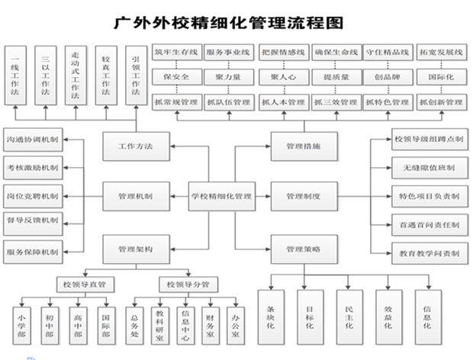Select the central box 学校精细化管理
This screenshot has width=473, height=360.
tap(222, 196)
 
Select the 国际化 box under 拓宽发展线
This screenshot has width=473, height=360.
tap(441, 78)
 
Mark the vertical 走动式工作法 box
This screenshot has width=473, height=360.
tap(76, 72)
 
